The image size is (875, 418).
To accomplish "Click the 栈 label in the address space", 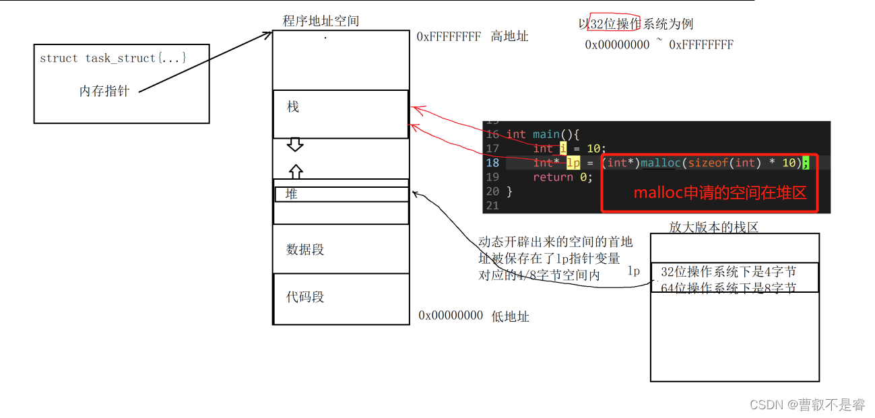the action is (293, 107).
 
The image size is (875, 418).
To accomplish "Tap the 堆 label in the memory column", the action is (292, 194).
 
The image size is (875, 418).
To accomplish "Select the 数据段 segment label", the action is (305, 249).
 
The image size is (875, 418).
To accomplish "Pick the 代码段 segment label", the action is (305, 297).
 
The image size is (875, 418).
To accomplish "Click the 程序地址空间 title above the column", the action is (321, 21).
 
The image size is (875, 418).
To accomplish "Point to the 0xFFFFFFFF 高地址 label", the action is (472, 36).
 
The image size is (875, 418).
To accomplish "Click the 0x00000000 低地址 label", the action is (474, 316).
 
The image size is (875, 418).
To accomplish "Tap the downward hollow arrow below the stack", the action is (295, 144).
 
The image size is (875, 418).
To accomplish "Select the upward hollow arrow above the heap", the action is (295, 171).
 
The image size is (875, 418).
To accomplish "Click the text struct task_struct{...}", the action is (113, 59).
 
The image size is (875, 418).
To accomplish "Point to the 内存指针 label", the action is (104, 91).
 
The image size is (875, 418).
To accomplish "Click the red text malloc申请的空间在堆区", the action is (719, 193).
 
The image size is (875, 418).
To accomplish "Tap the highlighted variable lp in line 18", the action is (573, 163).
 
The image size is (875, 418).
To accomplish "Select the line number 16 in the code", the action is (492, 134).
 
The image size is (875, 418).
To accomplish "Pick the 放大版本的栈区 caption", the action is (713, 228).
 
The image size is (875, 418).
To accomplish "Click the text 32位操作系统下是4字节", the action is (728, 271).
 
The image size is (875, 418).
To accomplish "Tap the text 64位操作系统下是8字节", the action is (728, 288).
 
